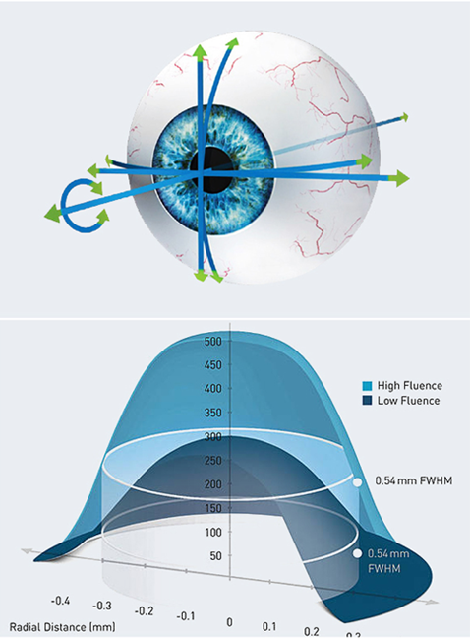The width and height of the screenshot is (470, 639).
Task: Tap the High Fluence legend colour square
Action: coord(367,386)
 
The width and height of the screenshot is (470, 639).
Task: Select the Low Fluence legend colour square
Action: coord(367,401)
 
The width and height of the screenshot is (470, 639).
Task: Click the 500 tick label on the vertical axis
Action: coord(212,341)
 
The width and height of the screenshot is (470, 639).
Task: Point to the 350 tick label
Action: coord(212,413)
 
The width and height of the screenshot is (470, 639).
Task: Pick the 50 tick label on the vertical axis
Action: coord(216,556)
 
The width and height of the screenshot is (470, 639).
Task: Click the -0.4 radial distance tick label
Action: coord(60,601)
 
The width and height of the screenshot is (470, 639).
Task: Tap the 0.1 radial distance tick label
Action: coord(269,626)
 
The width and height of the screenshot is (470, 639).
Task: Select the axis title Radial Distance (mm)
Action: coord(62,627)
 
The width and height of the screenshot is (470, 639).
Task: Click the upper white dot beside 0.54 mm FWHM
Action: coord(357,482)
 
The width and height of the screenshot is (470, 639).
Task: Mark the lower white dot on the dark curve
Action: coord(357,553)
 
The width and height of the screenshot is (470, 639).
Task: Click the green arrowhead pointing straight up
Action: coord(200,52)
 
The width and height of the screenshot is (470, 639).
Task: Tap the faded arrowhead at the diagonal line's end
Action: coord(404,117)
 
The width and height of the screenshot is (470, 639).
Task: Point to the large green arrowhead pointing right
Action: coord(399,178)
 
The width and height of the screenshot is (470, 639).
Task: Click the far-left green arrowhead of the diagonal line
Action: coord(52,214)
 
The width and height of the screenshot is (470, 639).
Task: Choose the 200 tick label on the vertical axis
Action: coord(212,484)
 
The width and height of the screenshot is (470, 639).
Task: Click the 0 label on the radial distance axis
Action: coord(229,622)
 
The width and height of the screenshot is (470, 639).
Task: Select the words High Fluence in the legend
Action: coord(409,386)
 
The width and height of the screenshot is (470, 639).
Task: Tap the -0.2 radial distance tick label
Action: coord(145,611)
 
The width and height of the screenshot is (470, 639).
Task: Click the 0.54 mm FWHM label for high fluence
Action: coord(413,480)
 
